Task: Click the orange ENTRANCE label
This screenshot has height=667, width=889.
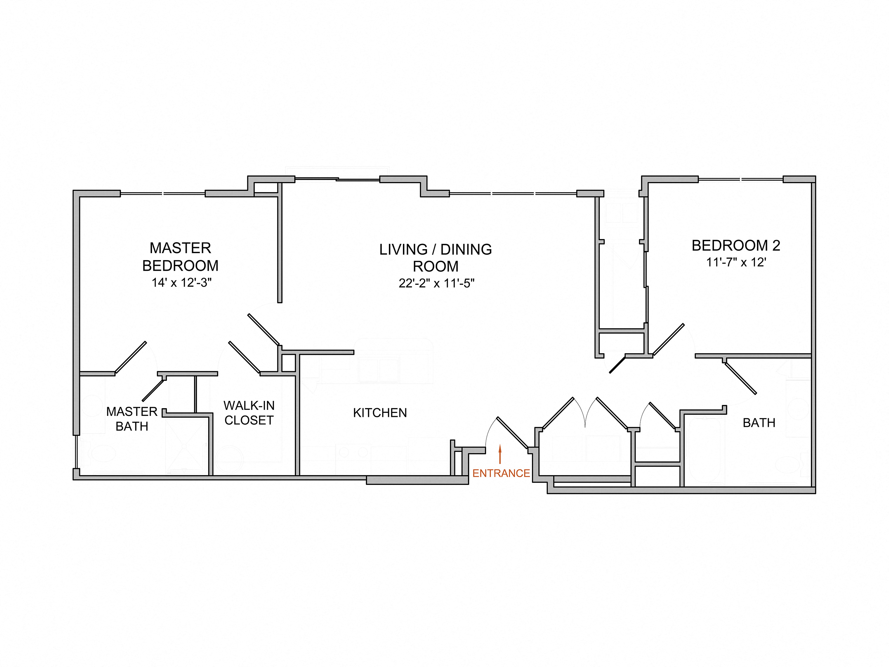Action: pyautogui.click(x=501, y=473)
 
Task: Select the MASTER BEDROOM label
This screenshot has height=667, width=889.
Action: pyautogui.click(x=180, y=256)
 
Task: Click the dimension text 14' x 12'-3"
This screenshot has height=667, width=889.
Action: pyautogui.click(x=181, y=282)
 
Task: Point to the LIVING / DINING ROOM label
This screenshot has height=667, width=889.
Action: pyautogui.click(x=435, y=258)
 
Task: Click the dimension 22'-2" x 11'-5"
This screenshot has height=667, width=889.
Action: pyautogui.click(x=436, y=283)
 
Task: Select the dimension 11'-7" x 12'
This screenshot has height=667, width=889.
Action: pyautogui.click(x=736, y=262)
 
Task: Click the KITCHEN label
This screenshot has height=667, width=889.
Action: pyautogui.click(x=380, y=413)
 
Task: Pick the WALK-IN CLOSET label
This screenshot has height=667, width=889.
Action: pyautogui.click(x=249, y=413)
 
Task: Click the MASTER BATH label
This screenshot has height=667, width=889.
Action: pyautogui.click(x=132, y=419)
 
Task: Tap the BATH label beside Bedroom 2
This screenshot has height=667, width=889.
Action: pyautogui.click(x=759, y=423)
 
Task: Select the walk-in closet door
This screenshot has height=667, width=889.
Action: pyautogui.click(x=244, y=357)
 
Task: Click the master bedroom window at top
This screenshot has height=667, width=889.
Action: pyautogui.click(x=163, y=194)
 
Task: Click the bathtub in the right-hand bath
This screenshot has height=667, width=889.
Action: pyautogui.click(x=706, y=451)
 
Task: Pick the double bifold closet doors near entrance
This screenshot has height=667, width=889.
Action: pyautogui.click(x=585, y=414)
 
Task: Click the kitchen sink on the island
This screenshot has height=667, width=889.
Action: pyautogui.click(x=379, y=370)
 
